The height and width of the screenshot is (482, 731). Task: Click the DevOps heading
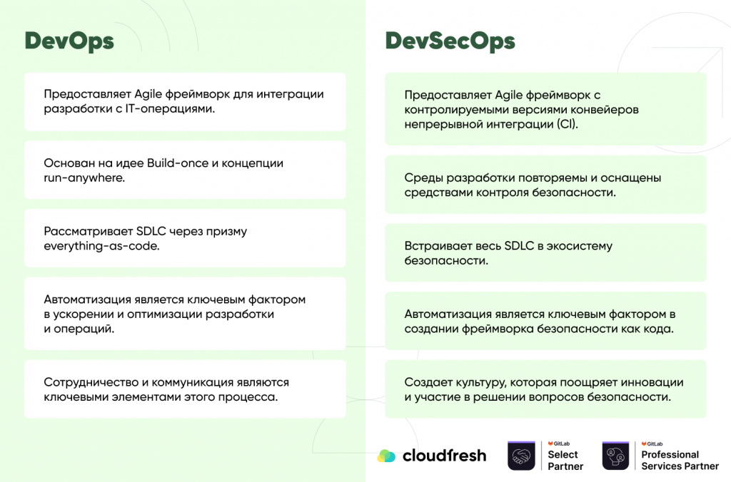pyautogui.click(x=69, y=41)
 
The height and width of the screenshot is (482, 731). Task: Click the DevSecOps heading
pyautogui.click(x=450, y=41)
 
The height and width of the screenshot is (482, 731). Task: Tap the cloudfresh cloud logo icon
pyautogui.click(x=386, y=456)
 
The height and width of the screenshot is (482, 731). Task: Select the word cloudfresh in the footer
pyautogui.click(x=443, y=455)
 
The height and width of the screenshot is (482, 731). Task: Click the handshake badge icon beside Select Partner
pyautogui.click(x=521, y=456)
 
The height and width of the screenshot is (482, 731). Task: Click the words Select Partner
pyautogui.click(x=565, y=460)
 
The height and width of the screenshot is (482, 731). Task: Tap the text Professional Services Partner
pyautogui.click(x=680, y=460)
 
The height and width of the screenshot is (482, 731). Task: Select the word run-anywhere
pyautogui.click(x=84, y=178)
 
